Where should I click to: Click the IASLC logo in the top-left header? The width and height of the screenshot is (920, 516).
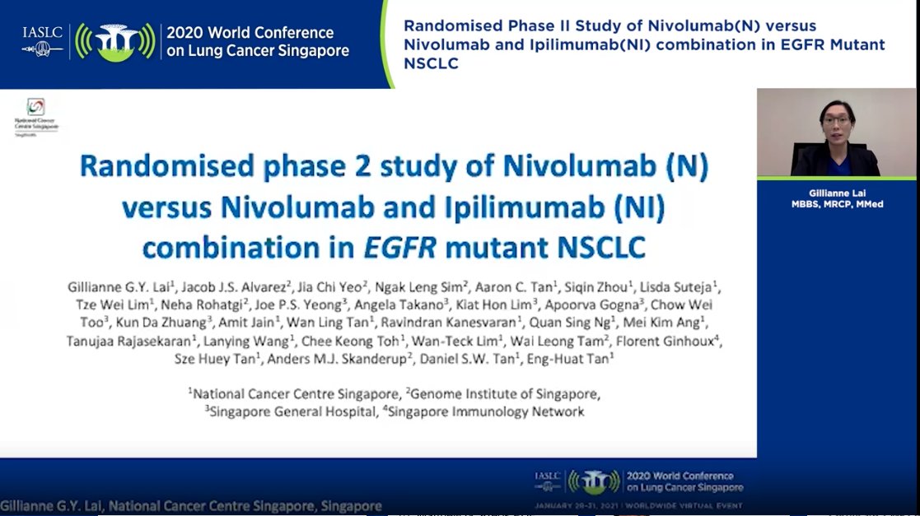coord(43,40)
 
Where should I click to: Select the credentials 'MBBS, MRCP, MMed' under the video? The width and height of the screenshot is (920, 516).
coord(836,204)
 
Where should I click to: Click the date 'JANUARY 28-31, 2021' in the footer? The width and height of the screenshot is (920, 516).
coord(573,504)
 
